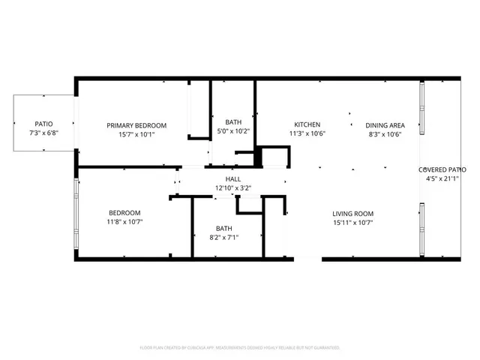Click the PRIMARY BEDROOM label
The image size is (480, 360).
pyautogui.click(x=136, y=125)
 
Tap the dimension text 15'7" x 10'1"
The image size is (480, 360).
pyautogui.click(x=136, y=135)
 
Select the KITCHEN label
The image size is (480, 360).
pyautogui.click(x=307, y=124)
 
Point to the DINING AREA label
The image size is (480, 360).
pyautogui.click(x=385, y=125)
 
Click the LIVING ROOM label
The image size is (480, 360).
pyautogui.click(x=353, y=213)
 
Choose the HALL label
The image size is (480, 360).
pyautogui.click(x=233, y=178)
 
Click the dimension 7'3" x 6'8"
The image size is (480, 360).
pyautogui.click(x=43, y=133)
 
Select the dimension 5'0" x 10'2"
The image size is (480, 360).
pyautogui.click(x=233, y=131)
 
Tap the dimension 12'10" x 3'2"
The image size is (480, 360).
pyautogui.click(x=233, y=187)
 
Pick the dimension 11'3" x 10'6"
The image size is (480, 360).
pyautogui.click(x=307, y=134)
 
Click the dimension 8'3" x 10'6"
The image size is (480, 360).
pyautogui.click(x=385, y=134)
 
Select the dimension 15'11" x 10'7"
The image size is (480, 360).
pyautogui.click(x=353, y=222)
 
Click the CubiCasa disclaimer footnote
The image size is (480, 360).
pyautogui.click(x=240, y=347)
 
